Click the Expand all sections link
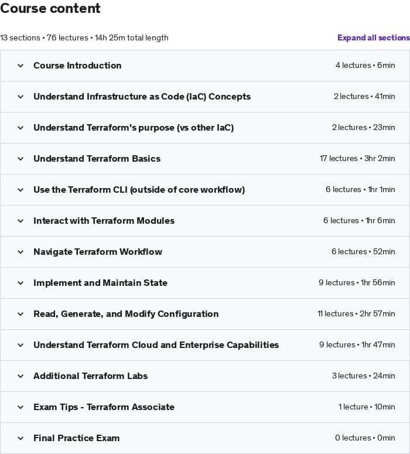[x=373, y=37]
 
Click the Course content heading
[x=50, y=9]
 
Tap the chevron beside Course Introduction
[x=20, y=66]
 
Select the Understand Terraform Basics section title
[x=97, y=159]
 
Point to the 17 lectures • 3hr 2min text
[x=357, y=159]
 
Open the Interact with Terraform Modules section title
[x=104, y=221]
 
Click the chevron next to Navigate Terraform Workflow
[x=20, y=252]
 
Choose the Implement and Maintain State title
[x=100, y=283]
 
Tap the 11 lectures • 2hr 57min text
[x=356, y=314]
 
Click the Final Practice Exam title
[x=76, y=438]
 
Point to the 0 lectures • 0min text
[x=365, y=438]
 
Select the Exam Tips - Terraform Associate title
[x=104, y=407]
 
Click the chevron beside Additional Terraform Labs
[x=20, y=376]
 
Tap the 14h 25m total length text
[x=132, y=37]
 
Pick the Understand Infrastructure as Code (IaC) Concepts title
[x=142, y=97]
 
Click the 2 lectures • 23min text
[x=363, y=128]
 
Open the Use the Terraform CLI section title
[x=139, y=190]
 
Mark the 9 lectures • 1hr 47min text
[x=357, y=345]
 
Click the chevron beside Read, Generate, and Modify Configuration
[x=20, y=314]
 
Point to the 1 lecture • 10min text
[x=366, y=407]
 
